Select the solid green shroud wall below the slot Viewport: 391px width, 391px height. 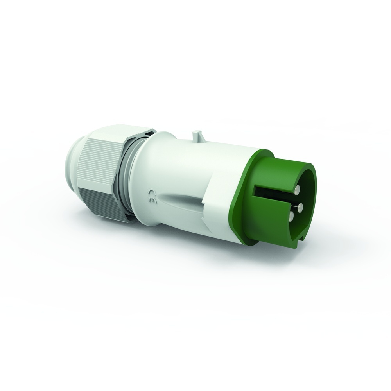[x=270, y=223]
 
